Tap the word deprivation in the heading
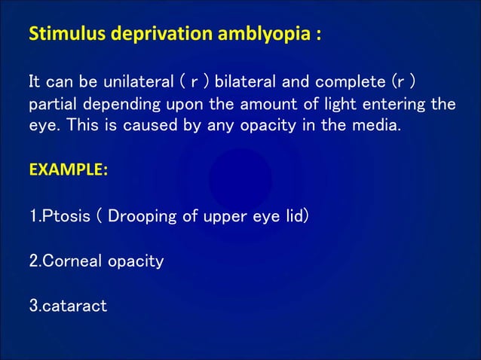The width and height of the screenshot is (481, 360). [x=143, y=35]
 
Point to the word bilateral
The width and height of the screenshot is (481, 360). [x=244, y=81]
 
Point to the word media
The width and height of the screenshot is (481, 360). [x=378, y=124]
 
